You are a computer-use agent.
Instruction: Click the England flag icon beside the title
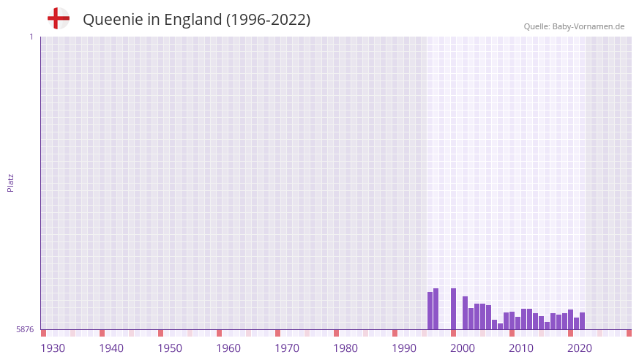point(58,18)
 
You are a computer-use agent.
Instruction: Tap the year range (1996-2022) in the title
point(268,20)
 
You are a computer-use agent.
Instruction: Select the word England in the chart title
point(193,20)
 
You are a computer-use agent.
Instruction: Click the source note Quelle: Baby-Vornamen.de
point(574,26)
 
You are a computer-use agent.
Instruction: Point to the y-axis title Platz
point(10,182)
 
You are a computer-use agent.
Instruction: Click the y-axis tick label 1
point(31,37)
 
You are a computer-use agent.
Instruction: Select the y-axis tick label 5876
point(25,330)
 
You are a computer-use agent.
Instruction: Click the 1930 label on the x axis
point(53,348)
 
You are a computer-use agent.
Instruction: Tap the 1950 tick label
point(170,348)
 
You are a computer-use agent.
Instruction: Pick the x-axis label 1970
point(287,348)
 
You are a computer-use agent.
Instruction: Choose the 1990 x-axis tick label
point(404,348)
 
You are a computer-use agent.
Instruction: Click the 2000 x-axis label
point(463,348)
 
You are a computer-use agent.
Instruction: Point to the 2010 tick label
point(521,348)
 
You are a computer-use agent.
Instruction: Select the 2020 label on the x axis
point(580,348)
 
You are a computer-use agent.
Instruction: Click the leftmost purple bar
point(430,311)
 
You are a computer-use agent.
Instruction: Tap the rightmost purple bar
point(583,321)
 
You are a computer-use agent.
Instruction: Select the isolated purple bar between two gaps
point(454,309)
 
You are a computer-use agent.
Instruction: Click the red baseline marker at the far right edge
point(629,333)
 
